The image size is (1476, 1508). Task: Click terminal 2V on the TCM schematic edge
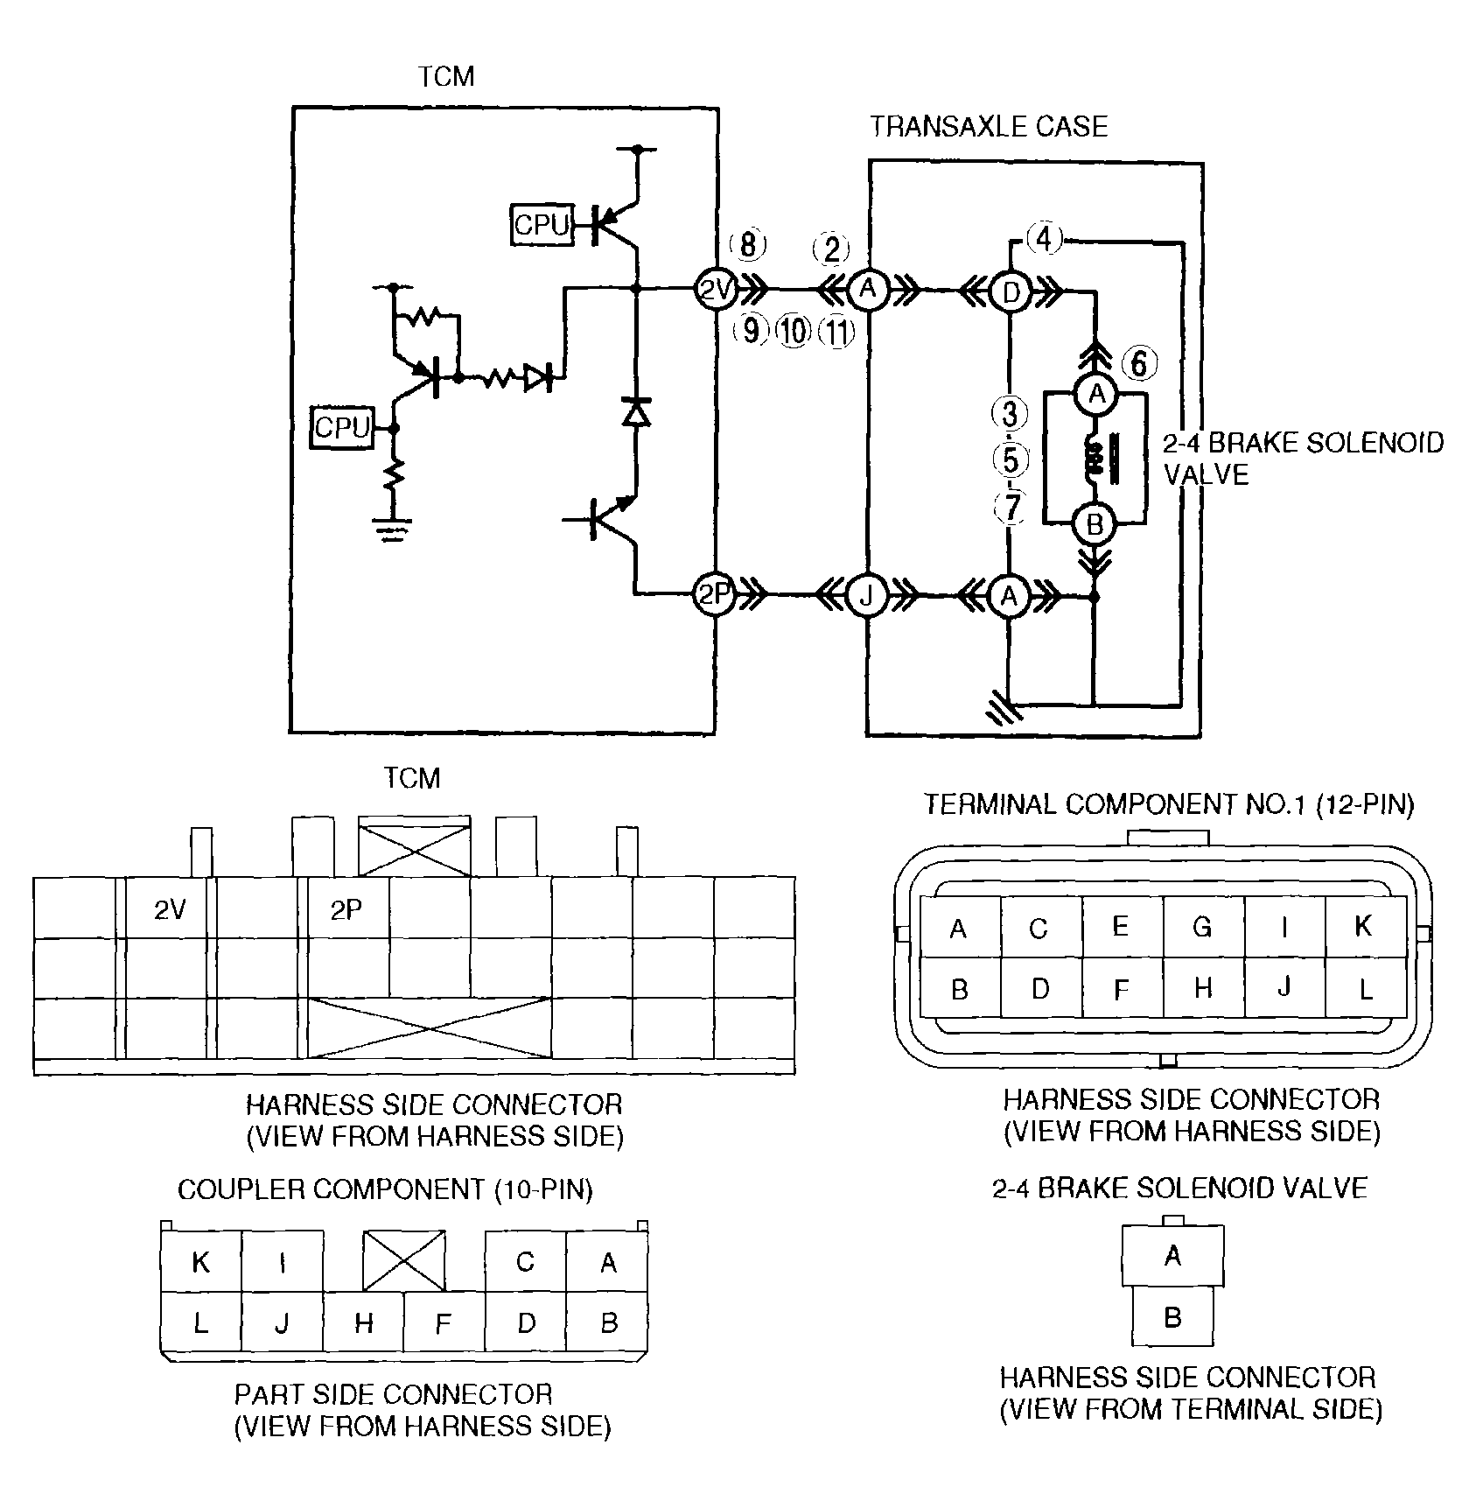click(x=716, y=289)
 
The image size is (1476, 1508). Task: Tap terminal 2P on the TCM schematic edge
click(x=716, y=595)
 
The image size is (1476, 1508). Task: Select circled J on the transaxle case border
click(x=866, y=595)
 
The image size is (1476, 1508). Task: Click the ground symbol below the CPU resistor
click(x=393, y=530)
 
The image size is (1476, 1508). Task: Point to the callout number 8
click(x=748, y=245)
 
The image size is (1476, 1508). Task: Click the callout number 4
click(x=1044, y=238)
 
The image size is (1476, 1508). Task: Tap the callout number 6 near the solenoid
click(x=1138, y=362)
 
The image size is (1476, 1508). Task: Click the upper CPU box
click(x=541, y=225)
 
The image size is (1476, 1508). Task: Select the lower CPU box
click(x=343, y=428)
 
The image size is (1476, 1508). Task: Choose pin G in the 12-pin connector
click(x=1203, y=926)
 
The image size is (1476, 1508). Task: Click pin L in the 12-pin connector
click(x=1366, y=988)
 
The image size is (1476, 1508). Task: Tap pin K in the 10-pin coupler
click(x=201, y=1261)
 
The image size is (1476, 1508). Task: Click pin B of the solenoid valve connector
click(x=1172, y=1317)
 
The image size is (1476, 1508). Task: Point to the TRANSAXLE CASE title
click(x=990, y=127)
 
